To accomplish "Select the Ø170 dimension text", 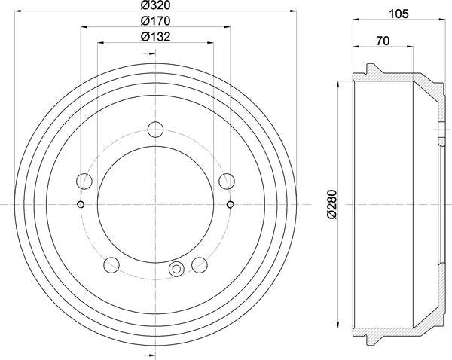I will click(x=154, y=23).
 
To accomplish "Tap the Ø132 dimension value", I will click(x=154, y=38).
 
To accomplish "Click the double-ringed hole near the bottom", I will click(x=177, y=268).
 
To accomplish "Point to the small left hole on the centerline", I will click(x=81, y=204).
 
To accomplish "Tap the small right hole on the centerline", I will click(x=230, y=204).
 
